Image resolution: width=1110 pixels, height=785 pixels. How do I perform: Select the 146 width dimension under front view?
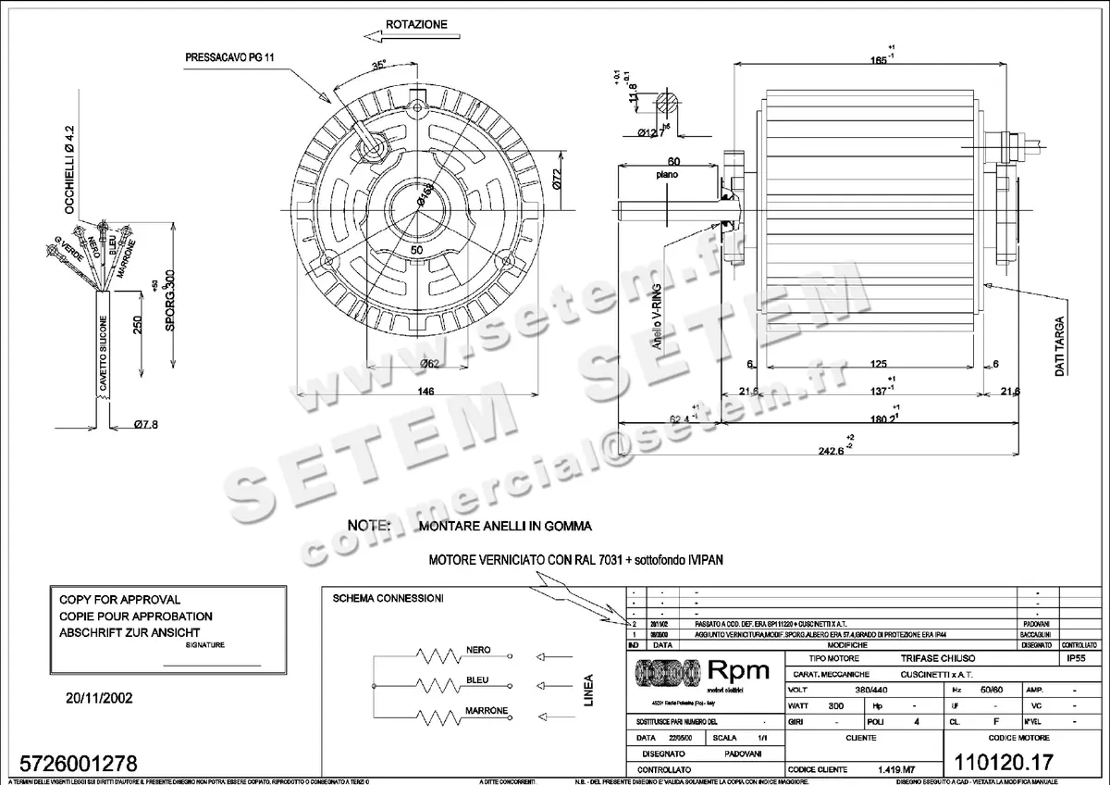(425, 392)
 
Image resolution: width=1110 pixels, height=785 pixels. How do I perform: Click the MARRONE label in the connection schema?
(486, 710)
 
